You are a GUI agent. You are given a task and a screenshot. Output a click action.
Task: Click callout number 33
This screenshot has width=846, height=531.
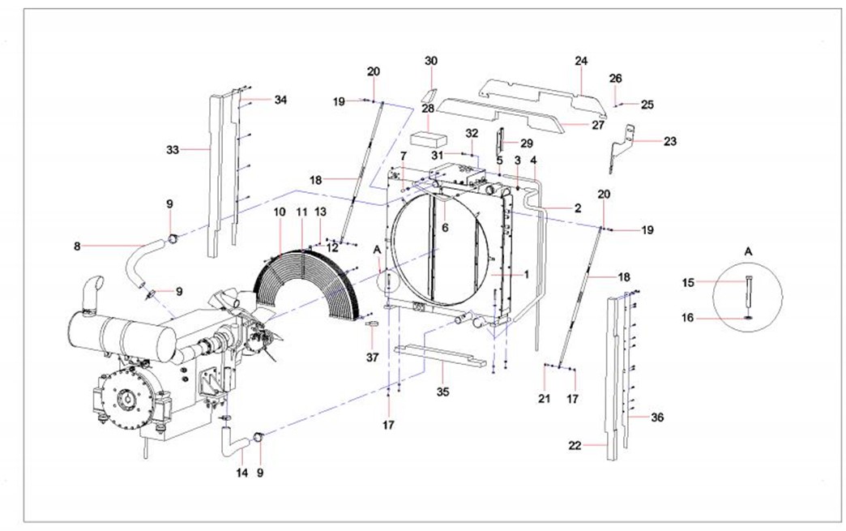(x=172, y=150)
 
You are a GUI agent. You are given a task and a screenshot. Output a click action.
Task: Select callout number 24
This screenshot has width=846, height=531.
(x=581, y=62)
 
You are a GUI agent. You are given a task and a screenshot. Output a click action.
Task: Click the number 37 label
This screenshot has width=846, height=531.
(x=373, y=358)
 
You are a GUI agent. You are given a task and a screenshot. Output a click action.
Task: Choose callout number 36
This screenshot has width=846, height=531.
(x=657, y=418)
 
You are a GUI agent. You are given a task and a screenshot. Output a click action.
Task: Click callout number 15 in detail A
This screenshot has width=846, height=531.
(x=689, y=283)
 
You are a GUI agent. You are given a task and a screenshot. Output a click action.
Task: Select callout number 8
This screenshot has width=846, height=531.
(x=78, y=245)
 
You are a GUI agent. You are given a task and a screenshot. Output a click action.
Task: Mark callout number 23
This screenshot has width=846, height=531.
(x=669, y=141)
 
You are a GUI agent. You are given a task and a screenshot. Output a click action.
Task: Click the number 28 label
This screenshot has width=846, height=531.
(x=427, y=108)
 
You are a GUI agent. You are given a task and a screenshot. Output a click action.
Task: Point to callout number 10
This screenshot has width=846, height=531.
(x=280, y=212)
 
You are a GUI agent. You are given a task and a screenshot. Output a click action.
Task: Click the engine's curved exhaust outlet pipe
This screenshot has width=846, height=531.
(x=93, y=287)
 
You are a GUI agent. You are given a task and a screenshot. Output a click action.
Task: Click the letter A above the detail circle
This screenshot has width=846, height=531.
(x=748, y=252)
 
